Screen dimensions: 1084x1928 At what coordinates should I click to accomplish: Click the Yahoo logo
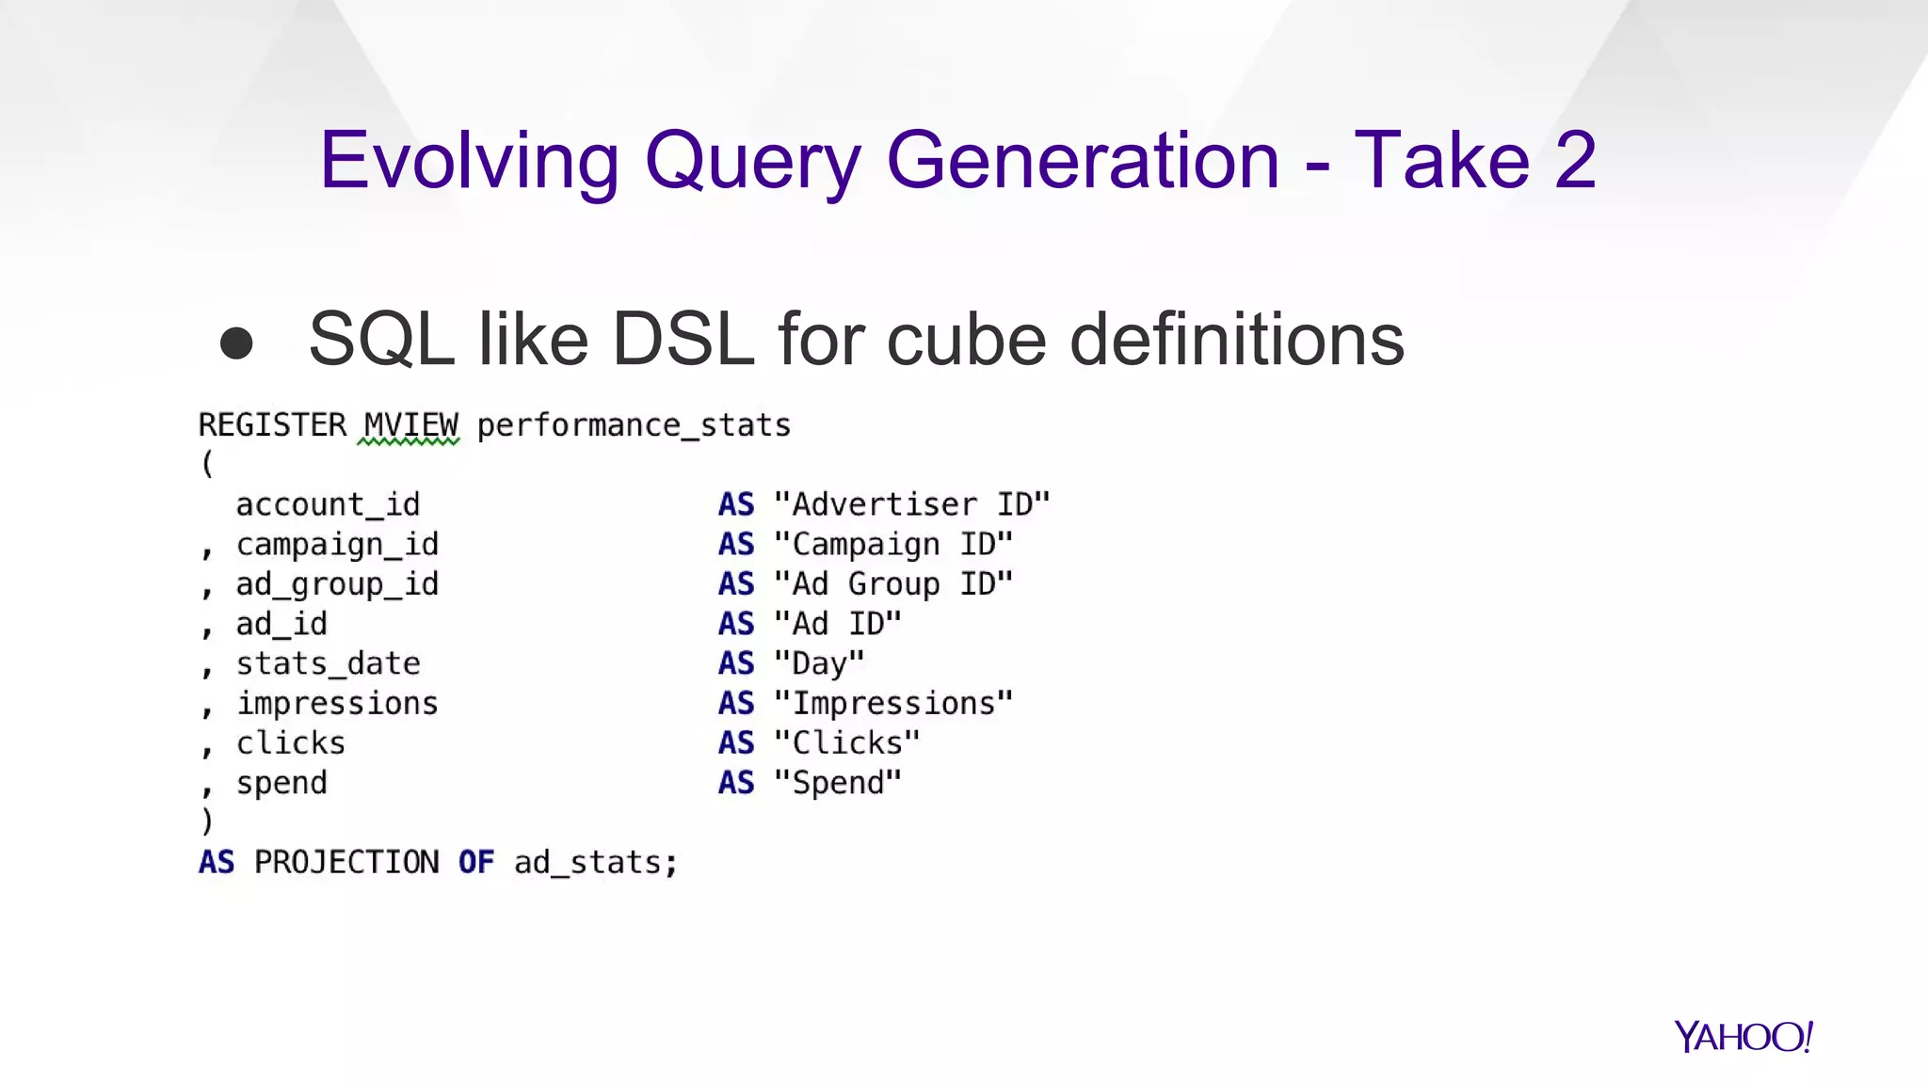1743,1037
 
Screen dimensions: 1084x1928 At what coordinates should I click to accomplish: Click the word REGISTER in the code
272,425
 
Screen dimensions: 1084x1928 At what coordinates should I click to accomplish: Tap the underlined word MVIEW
410,426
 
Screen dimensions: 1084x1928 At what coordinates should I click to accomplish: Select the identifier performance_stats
633,426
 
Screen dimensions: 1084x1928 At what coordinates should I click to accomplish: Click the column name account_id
328,505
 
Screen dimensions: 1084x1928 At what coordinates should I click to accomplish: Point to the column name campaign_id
337,545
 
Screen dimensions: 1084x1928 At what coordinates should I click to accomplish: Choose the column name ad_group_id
337,584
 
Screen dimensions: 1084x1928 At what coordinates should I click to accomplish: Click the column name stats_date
328,663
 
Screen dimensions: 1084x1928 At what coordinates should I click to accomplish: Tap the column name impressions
337,703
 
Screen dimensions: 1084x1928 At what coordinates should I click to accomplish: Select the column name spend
281,783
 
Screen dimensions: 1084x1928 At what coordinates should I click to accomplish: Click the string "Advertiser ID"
911,504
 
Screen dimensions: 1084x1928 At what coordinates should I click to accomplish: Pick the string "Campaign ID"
892,544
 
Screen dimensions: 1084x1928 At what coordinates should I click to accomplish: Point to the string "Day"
818,663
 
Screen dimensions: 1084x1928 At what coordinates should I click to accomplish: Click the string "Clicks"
846,742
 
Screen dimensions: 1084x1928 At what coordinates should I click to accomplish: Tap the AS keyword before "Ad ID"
736,624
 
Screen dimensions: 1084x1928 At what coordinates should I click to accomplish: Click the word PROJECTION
346,862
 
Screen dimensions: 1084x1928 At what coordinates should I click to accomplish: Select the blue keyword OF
476,862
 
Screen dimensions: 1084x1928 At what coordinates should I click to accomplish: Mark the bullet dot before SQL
236,343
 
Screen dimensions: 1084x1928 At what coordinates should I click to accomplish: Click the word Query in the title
752,162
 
